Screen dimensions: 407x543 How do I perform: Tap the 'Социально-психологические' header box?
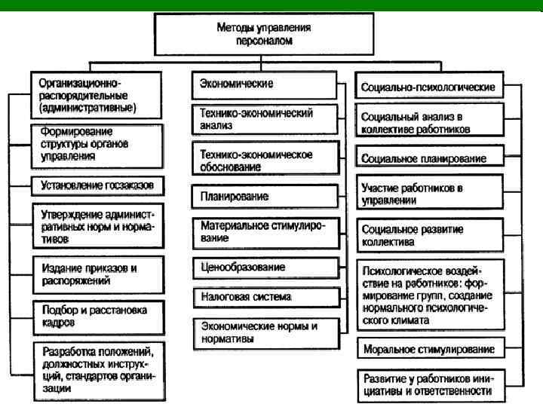[428, 87]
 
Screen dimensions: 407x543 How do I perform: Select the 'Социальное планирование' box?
[428, 159]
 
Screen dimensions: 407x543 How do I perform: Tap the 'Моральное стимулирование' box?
[428, 350]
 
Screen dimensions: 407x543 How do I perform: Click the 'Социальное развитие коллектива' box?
[428, 236]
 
